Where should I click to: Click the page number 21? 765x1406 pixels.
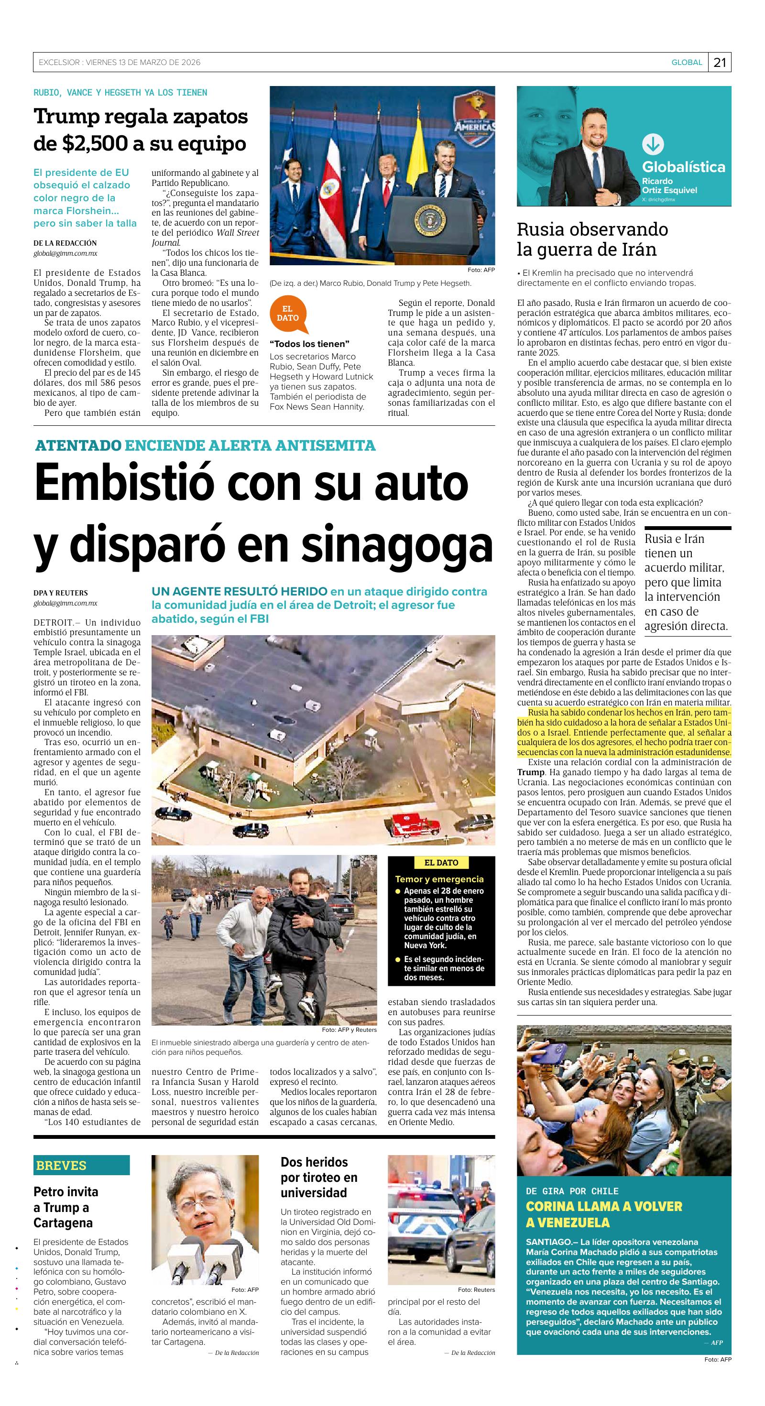tap(720, 62)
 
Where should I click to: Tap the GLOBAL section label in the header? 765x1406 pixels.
tap(687, 62)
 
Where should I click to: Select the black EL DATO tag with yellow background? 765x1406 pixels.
tap(441, 862)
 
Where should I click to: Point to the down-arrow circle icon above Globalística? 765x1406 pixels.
tap(653, 145)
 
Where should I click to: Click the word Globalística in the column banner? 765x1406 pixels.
tap(683, 166)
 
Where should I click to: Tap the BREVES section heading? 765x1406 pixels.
tap(61, 1165)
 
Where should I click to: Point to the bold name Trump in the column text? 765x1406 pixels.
tap(531, 772)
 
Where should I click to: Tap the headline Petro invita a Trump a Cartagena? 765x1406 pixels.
tap(66, 1207)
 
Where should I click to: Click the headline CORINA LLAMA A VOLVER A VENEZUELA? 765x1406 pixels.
tap(604, 1214)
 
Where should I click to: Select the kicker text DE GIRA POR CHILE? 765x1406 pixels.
tap(572, 1191)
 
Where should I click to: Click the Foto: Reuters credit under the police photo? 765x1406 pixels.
tap(476, 1290)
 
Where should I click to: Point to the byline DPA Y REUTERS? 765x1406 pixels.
tap(61, 593)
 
